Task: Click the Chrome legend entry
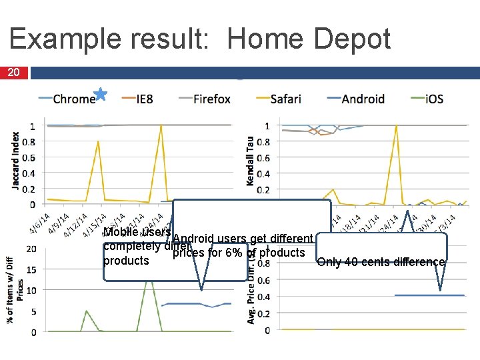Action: (74, 99)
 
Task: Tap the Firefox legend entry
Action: (211, 99)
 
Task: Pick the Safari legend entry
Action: (285, 99)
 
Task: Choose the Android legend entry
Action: (363, 99)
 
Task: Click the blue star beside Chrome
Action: (100, 94)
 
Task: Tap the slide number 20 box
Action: (14, 73)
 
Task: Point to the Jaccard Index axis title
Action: (15, 159)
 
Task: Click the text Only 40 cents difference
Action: (381, 262)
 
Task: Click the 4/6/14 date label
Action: (38, 223)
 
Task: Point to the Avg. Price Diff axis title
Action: (251, 293)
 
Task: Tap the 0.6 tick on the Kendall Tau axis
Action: (264, 157)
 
